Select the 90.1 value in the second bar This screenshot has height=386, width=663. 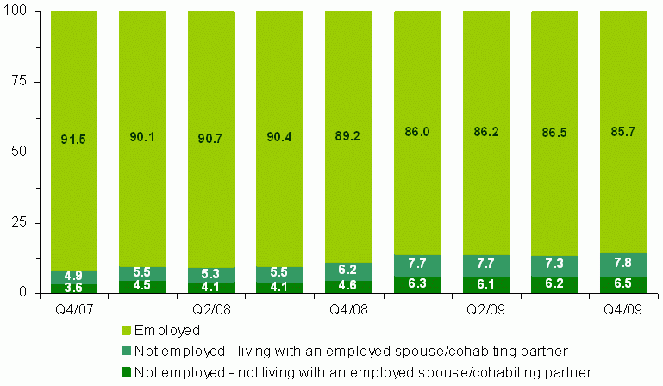coord(142,138)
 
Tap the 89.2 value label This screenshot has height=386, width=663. coord(347,138)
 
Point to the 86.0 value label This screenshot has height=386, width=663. coord(416,138)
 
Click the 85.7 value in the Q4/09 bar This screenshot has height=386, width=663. coord(622,138)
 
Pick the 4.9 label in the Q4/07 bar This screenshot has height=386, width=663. coord(73,277)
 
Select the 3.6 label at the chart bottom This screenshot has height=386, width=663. coord(73,289)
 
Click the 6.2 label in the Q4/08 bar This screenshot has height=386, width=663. coord(347,271)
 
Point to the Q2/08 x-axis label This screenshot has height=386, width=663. coord(205,308)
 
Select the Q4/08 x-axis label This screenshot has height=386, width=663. coord(342,308)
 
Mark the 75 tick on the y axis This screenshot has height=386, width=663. coord(20,82)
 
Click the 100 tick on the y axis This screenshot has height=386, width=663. coord(16,11)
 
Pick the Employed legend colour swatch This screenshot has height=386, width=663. coord(126,330)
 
